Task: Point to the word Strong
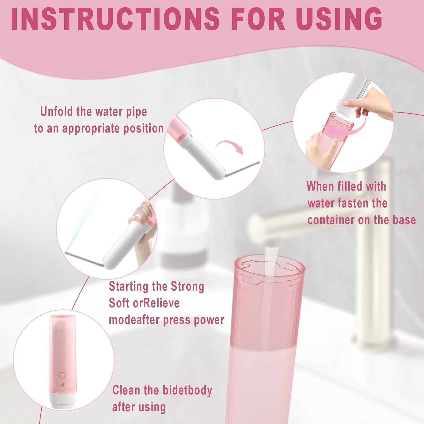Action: pos(187,286)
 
